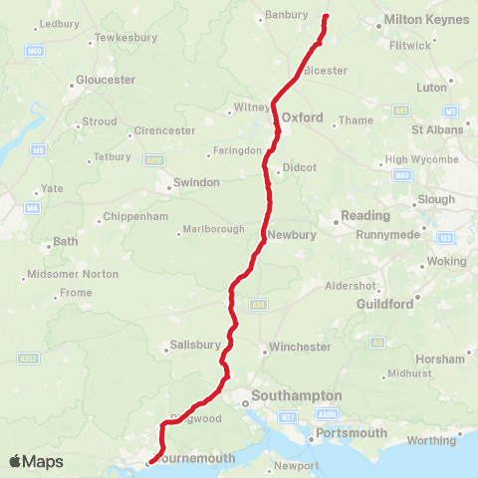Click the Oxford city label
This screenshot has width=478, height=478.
(x=302, y=118)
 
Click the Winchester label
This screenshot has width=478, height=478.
(x=298, y=348)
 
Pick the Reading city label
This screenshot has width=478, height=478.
(x=365, y=215)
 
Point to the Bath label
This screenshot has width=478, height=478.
(x=65, y=242)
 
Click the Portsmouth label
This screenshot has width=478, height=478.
(x=350, y=433)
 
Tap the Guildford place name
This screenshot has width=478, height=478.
(x=383, y=304)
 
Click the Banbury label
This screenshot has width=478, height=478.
(x=282, y=16)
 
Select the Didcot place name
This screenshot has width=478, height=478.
(x=300, y=167)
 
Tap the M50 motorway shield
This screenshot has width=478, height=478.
(x=36, y=50)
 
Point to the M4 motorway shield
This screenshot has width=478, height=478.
(x=33, y=208)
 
